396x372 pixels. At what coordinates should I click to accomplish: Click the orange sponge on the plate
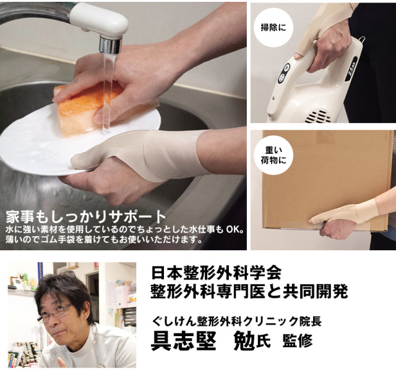(87, 109)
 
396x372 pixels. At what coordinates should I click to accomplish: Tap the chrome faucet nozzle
(110, 44)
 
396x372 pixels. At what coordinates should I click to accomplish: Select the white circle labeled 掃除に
(273, 27)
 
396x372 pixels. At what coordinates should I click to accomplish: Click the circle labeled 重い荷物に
(273, 155)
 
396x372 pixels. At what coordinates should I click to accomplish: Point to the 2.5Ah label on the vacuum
(352, 69)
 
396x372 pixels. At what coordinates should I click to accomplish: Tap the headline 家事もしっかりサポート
(86, 216)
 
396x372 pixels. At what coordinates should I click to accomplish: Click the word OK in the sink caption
(232, 230)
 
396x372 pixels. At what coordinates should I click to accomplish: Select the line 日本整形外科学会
(217, 273)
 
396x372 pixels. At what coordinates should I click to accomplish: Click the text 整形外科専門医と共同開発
(249, 292)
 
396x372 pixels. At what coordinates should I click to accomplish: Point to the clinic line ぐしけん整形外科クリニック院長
(236, 321)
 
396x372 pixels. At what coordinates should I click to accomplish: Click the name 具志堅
(183, 340)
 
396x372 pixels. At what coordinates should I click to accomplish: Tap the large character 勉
(244, 340)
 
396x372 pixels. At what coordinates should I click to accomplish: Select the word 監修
(298, 340)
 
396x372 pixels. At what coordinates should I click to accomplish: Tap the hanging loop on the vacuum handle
(362, 40)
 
